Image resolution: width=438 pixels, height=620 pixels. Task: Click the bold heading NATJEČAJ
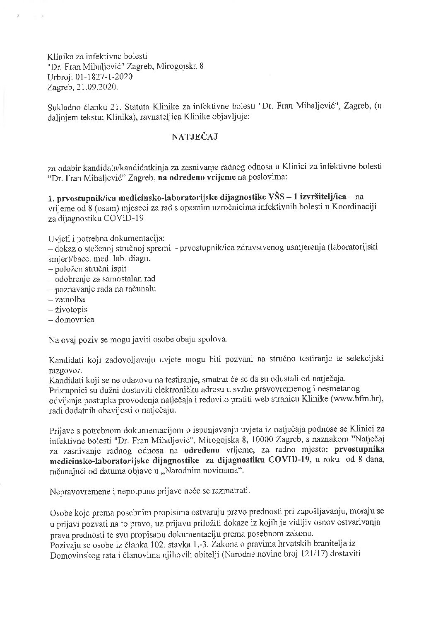point(194,138)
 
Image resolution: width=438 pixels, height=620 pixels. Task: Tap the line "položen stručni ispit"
point(90,269)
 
